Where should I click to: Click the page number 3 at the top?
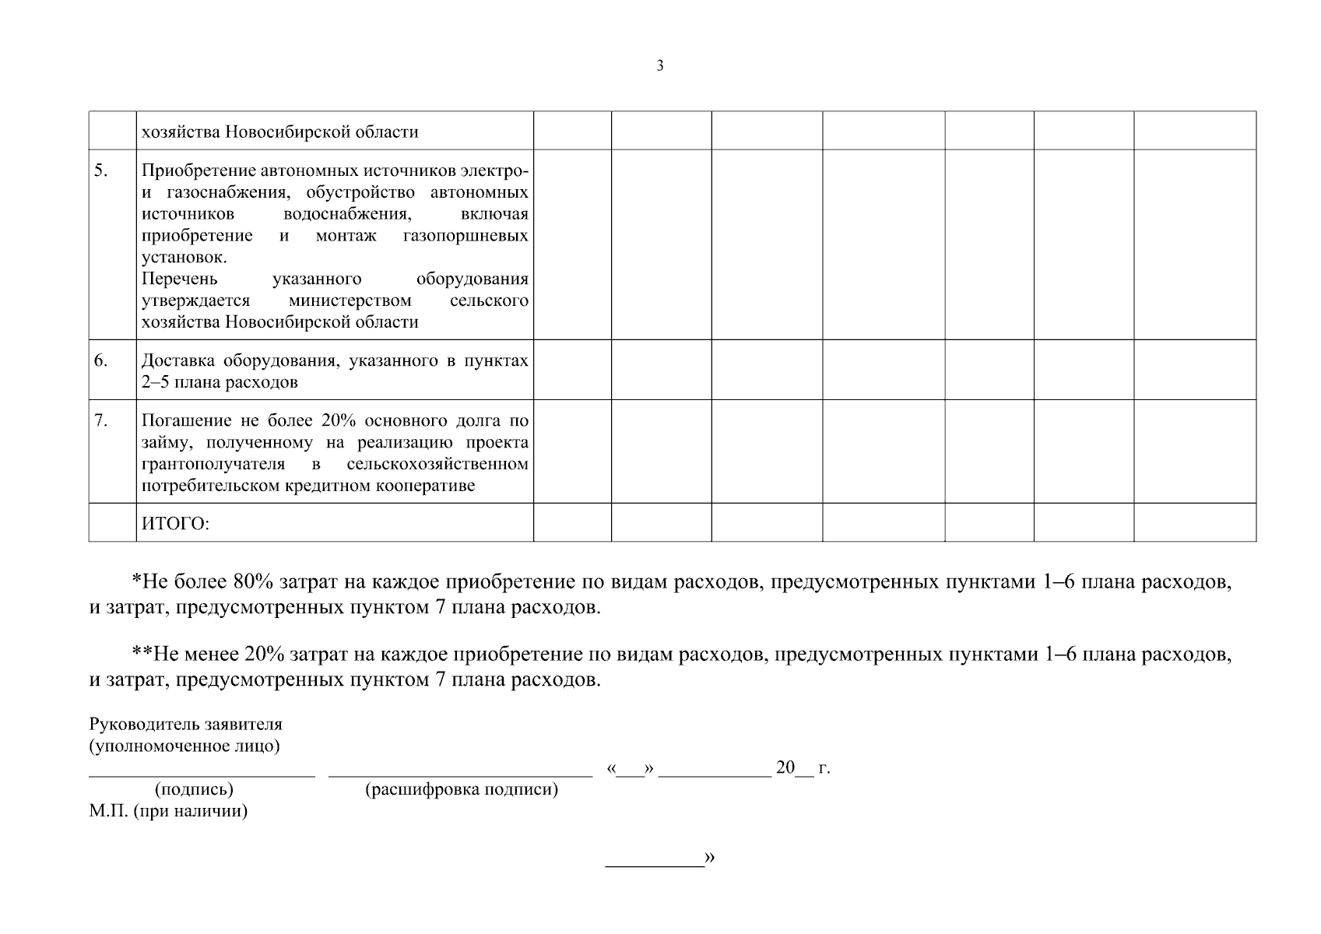click(660, 66)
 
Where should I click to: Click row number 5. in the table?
click(101, 170)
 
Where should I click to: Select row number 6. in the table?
click(101, 360)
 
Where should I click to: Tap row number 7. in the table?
click(101, 420)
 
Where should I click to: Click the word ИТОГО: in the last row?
click(175, 525)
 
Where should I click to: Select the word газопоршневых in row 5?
click(466, 236)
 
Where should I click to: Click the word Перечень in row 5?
click(180, 279)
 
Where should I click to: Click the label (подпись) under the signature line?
click(195, 790)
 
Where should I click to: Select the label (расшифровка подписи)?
click(462, 790)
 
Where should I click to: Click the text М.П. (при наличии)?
click(168, 812)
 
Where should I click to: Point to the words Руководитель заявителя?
click(185, 725)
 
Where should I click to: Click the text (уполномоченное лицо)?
click(184, 746)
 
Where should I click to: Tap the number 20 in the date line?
click(785, 767)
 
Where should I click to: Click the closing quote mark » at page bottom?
click(709, 858)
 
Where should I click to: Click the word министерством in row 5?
click(350, 301)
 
